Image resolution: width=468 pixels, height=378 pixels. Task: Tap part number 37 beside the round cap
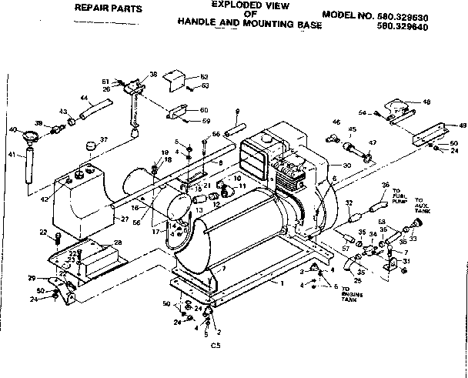pyautogui.click(x=105, y=139)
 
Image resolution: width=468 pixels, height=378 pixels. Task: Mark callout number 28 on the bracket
pyautogui.click(x=116, y=243)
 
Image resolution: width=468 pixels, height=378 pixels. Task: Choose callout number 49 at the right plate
pyautogui.click(x=462, y=125)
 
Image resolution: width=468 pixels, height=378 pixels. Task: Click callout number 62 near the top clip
pyautogui.click(x=204, y=76)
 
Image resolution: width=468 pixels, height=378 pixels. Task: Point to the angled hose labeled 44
pyautogui.click(x=98, y=109)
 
